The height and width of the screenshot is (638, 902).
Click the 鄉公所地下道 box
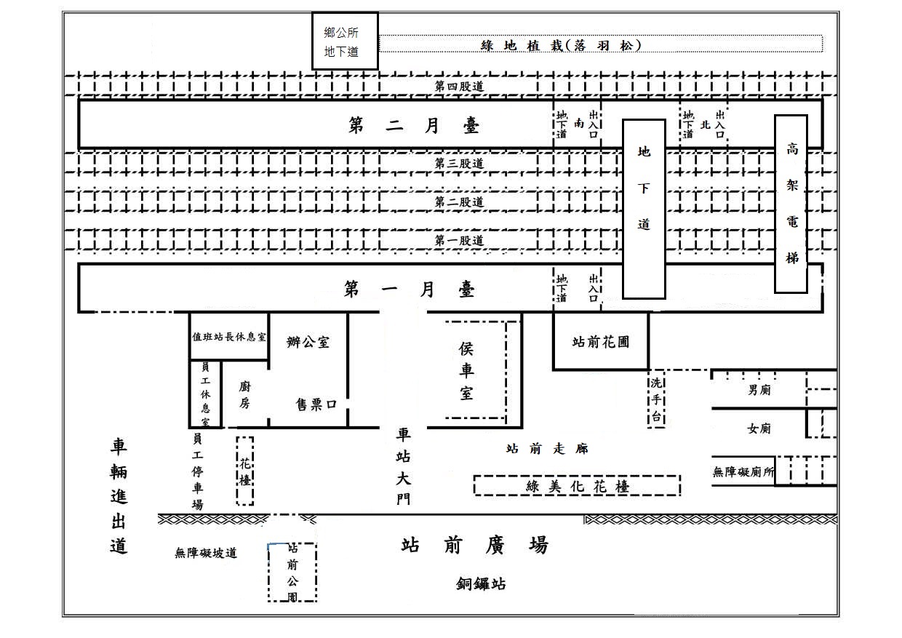coord(345,41)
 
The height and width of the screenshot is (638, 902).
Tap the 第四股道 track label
coord(459,86)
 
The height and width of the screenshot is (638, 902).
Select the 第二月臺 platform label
coord(414,126)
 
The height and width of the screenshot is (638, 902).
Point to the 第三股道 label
coord(459,164)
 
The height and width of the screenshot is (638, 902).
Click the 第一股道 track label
coord(459,240)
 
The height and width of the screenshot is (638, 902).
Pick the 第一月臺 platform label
coord(410,290)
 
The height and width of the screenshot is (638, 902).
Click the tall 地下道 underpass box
coord(644,209)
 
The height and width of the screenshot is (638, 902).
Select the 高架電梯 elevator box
coord(791,203)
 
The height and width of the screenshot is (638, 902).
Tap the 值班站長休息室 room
coord(229,338)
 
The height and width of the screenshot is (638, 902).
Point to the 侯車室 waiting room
coord(466,371)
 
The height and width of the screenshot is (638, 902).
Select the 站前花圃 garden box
coord(600,340)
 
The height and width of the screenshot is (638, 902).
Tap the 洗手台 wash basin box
coord(656,400)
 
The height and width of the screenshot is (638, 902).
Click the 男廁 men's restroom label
coord(759,389)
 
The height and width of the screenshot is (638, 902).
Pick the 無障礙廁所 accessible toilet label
coord(743,471)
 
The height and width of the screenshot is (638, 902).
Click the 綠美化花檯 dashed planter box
coord(577,486)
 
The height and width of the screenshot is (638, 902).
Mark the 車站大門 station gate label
coord(403,466)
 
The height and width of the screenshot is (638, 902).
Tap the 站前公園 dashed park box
coord(292,572)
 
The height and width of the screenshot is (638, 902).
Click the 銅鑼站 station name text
coord(481,583)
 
